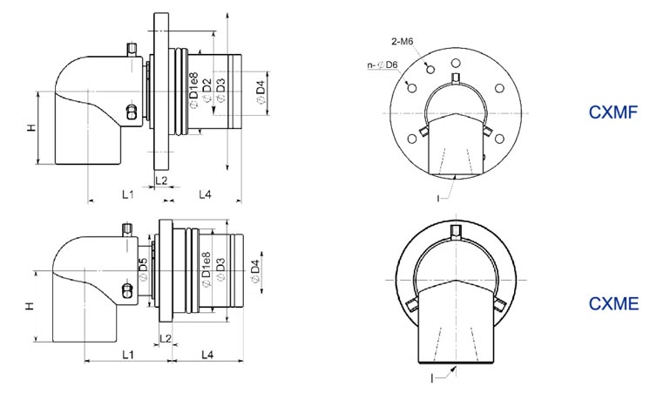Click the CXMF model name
[613, 112]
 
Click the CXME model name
[613, 304]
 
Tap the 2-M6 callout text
[402, 42]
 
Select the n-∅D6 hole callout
[383, 65]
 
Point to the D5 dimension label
[143, 268]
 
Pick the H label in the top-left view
[32, 128]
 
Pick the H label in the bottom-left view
[29, 306]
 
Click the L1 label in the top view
[128, 194]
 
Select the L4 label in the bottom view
[207, 355]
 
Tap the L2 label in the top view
[161, 180]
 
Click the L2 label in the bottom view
[165, 338]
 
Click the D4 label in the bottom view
[254, 271]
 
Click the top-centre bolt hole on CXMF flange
[456, 64]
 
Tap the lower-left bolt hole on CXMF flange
[412, 139]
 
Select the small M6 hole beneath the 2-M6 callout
[430, 69]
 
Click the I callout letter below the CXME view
[432, 377]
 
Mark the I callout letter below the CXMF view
[438, 198]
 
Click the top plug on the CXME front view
[456, 232]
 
